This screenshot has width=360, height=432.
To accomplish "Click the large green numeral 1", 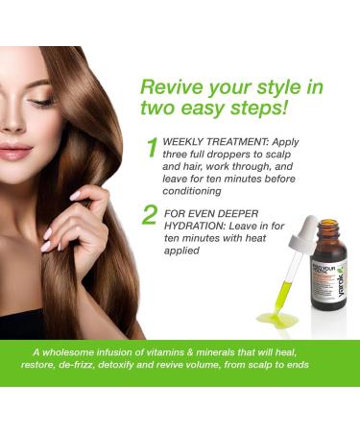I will (x=152, y=149).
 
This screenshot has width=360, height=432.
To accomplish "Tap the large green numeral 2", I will (x=150, y=213).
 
